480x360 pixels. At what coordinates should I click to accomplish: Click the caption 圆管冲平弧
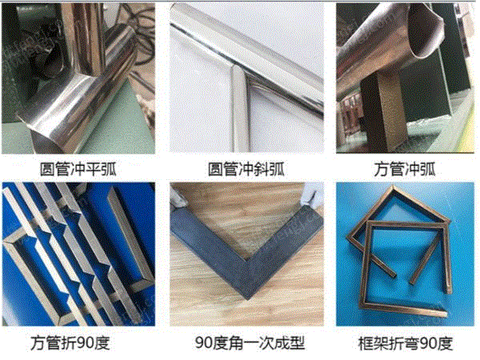click(x=78, y=169)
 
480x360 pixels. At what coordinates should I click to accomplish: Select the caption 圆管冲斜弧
click(x=246, y=169)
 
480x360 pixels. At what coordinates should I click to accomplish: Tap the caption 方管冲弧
click(x=404, y=169)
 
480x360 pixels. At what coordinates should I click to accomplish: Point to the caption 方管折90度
click(x=70, y=343)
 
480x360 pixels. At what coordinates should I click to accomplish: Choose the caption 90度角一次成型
click(x=250, y=343)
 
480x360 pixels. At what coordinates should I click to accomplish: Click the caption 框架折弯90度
click(x=406, y=343)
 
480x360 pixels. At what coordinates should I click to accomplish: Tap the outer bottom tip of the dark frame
click(x=247, y=298)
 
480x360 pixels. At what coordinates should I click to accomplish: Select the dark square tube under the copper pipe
click(x=385, y=114)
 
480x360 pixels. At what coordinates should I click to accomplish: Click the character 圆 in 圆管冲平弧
click(x=47, y=169)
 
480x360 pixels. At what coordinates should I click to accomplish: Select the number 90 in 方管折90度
click(x=85, y=343)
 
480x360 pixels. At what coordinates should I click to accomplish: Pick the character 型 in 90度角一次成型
click(x=297, y=343)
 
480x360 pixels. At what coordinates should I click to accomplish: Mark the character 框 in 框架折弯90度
click(x=366, y=343)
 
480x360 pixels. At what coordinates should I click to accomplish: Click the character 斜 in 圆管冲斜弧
click(x=262, y=169)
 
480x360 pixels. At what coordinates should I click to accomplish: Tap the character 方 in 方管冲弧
click(x=381, y=169)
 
